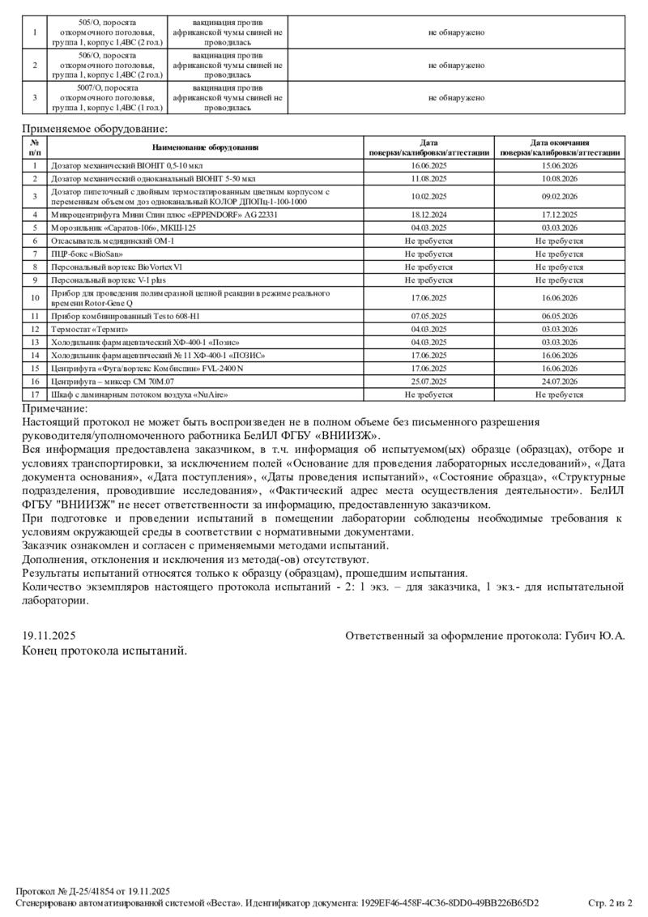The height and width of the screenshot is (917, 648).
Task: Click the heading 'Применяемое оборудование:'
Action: click(x=94, y=128)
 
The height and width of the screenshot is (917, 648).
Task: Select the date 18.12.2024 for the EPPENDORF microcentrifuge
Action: click(x=428, y=215)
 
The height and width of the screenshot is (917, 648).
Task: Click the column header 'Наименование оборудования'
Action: click(x=205, y=147)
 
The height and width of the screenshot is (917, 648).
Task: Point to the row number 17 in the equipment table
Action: click(x=35, y=395)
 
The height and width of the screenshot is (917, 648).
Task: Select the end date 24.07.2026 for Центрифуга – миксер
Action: click(x=559, y=381)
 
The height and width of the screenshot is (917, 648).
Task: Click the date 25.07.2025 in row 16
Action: click(x=428, y=381)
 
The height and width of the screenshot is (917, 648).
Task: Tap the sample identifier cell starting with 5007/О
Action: click(x=108, y=97)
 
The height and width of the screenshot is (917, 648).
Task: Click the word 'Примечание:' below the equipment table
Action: click(x=54, y=409)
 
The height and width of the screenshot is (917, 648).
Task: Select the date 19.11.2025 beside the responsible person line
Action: click(x=49, y=637)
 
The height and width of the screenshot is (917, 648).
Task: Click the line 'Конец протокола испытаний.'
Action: click(x=104, y=650)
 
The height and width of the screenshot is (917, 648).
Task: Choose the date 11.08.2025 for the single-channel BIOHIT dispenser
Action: click(x=428, y=177)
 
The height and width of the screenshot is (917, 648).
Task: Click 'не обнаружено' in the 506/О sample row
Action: click(x=456, y=65)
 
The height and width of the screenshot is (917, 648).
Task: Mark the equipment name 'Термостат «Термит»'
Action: click(x=89, y=329)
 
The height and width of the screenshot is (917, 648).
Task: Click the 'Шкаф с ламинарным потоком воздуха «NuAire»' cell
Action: click(x=139, y=395)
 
